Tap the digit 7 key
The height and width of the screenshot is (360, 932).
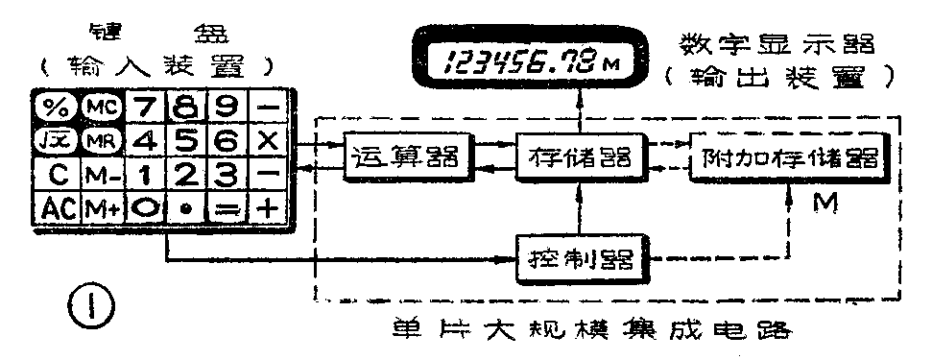142,104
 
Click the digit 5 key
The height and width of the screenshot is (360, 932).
188,139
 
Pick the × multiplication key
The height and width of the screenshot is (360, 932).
270,139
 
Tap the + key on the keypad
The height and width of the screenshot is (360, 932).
270,206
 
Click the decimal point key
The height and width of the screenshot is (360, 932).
188,206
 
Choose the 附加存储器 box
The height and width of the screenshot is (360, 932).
786,157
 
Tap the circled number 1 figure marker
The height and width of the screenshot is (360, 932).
93,309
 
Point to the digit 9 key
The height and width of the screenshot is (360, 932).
229,104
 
